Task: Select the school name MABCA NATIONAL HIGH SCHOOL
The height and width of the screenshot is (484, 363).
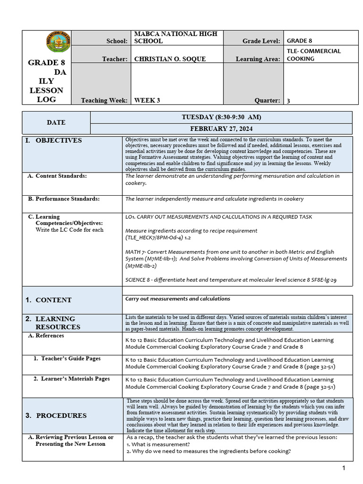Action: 175,37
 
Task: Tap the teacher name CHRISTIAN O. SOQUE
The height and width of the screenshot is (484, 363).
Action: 170,59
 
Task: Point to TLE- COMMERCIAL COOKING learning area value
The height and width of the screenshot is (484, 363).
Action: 314,55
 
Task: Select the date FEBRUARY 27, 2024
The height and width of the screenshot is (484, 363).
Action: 221,129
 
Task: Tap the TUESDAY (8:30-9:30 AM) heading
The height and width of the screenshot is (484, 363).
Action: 221,117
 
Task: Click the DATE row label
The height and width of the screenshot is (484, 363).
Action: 56,122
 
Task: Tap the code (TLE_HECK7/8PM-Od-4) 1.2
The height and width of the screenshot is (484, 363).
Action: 158,238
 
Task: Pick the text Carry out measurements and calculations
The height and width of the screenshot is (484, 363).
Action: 178,299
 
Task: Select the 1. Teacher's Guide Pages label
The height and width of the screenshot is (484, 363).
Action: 67,359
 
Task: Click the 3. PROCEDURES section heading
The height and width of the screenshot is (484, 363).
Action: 56,415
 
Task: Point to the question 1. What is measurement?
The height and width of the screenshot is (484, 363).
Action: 158,444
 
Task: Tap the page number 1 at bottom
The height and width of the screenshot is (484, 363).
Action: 344,468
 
